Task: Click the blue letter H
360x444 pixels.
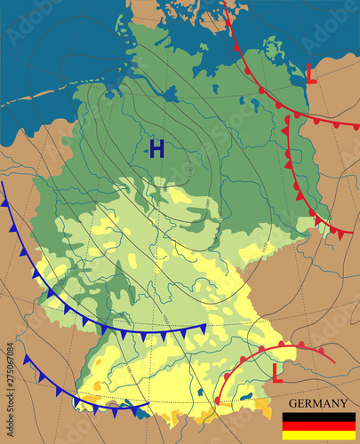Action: point(156,149)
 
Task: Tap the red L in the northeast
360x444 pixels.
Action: point(310,73)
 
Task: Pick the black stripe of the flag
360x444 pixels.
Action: point(319,416)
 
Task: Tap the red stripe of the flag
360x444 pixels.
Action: point(319,426)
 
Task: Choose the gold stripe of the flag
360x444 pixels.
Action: point(319,436)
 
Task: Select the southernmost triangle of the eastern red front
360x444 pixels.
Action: point(342,235)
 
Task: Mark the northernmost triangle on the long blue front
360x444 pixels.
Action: point(4,202)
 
